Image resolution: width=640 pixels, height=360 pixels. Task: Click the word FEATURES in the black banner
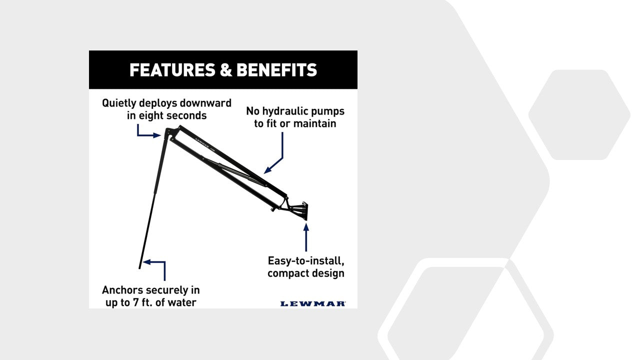[172, 70]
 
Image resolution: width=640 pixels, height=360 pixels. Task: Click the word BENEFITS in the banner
[277, 70]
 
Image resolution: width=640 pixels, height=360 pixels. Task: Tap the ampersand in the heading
[225, 70]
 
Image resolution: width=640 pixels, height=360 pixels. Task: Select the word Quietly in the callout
[118, 103]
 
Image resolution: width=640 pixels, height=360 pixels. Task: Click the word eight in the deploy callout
[151, 115]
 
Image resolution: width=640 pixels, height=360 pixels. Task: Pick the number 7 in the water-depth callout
[136, 302]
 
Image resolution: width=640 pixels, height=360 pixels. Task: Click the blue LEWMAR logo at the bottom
[313, 303]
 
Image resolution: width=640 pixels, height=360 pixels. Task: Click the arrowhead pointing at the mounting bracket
[306, 227]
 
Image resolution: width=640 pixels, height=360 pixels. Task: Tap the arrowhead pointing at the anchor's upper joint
[157, 135]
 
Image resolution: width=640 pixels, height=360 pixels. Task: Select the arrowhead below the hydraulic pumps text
[267, 170]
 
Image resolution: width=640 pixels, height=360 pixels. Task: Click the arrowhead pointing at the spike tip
[146, 261]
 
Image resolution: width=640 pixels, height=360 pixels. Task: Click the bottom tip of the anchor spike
[139, 268]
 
